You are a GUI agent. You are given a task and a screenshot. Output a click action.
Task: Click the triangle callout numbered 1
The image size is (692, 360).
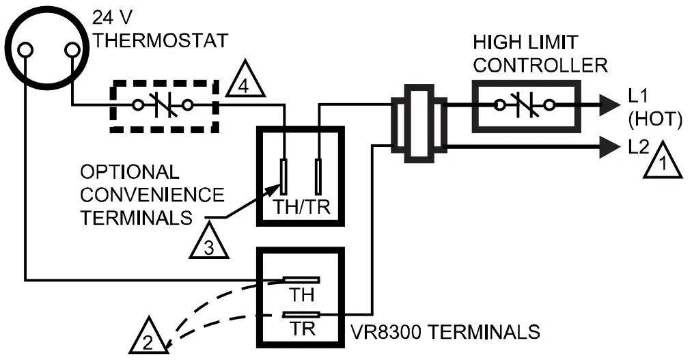click(x=661, y=162)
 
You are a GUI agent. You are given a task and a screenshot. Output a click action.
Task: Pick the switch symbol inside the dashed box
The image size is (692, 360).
click(x=164, y=106)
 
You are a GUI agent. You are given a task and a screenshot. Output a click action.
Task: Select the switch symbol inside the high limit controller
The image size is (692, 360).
click(x=525, y=105)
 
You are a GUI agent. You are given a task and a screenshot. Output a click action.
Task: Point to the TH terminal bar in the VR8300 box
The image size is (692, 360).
click(x=301, y=280)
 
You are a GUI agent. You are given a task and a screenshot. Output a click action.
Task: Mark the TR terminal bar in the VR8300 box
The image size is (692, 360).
click(x=301, y=315)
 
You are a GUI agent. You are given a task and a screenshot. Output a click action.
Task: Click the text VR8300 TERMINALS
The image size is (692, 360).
click(x=445, y=333)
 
